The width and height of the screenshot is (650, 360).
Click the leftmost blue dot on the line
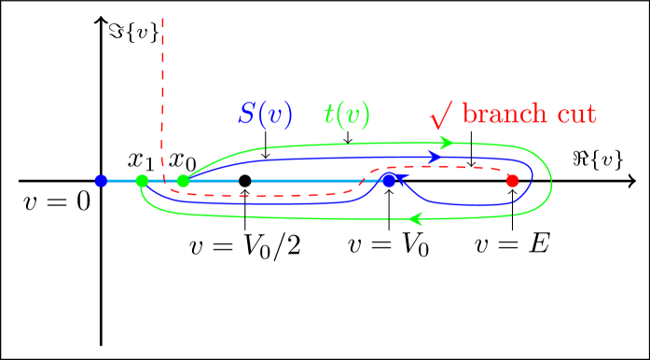(x=101, y=181)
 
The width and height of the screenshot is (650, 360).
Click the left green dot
(x=142, y=181)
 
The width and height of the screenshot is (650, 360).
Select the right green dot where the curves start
(x=183, y=180)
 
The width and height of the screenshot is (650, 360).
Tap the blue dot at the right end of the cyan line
(x=389, y=180)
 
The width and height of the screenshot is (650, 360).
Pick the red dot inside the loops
(x=512, y=181)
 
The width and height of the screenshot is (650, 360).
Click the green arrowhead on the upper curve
(x=447, y=143)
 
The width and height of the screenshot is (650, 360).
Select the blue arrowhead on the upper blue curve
(x=435, y=156)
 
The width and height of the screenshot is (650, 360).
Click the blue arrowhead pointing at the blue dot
(x=403, y=178)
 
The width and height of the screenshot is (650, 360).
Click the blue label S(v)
(x=266, y=115)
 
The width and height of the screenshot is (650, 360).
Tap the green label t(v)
(x=347, y=115)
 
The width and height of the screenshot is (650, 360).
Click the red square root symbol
(x=441, y=115)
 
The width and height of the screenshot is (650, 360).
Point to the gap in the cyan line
(x=245, y=180)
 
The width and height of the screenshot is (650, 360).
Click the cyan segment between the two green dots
(x=162, y=180)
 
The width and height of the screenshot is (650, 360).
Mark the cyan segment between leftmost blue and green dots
(x=121, y=181)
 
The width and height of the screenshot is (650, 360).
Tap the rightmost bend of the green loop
(x=551, y=181)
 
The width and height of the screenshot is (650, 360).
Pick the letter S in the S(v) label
(x=247, y=115)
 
